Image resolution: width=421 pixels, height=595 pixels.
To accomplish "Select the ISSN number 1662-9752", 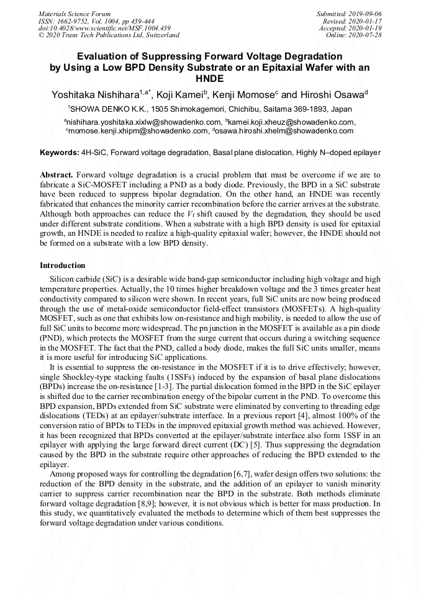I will (x=76, y=20).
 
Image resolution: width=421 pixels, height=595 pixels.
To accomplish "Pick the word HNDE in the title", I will (x=210, y=79).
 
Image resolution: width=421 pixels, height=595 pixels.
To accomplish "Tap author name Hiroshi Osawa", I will (x=337, y=94).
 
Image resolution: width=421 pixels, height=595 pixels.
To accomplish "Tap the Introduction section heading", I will (x=63, y=266).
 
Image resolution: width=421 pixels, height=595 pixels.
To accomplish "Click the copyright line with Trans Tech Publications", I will (x=109, y=35).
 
